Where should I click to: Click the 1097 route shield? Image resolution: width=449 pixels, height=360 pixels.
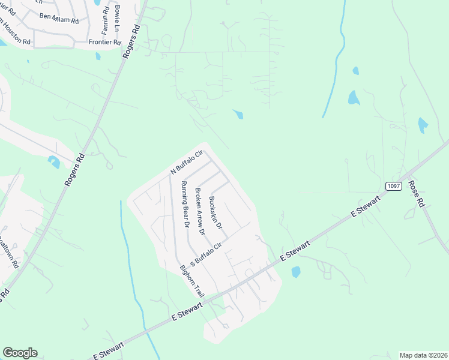coord(393,186)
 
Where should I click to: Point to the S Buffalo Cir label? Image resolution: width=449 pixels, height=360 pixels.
coord(206,254)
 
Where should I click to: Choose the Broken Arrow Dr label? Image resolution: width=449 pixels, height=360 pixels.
coord(200,211)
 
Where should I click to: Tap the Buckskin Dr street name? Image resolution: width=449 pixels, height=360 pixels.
coord(215,213)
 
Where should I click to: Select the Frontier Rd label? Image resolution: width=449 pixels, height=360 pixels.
coord(105,42)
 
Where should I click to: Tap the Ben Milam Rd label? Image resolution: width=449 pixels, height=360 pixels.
coord(59,18)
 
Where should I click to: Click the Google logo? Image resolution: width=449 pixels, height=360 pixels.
coord(20,353)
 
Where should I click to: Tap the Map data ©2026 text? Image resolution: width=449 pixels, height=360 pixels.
coord(423,355)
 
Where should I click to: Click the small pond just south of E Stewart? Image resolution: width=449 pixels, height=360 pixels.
coord(295,272)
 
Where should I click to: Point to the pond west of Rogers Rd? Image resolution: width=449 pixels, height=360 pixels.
coord(54,161)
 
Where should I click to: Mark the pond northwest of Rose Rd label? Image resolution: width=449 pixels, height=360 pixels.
coord(423,125)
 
